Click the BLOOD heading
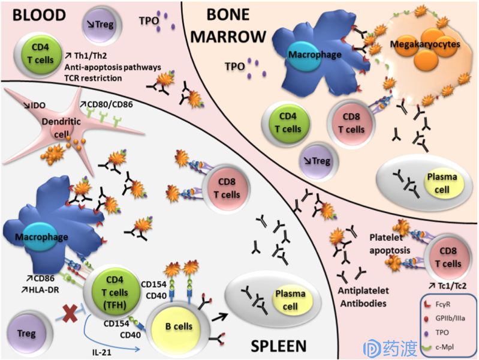(x=35, y=14)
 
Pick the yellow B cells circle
(x=178, y=326)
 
